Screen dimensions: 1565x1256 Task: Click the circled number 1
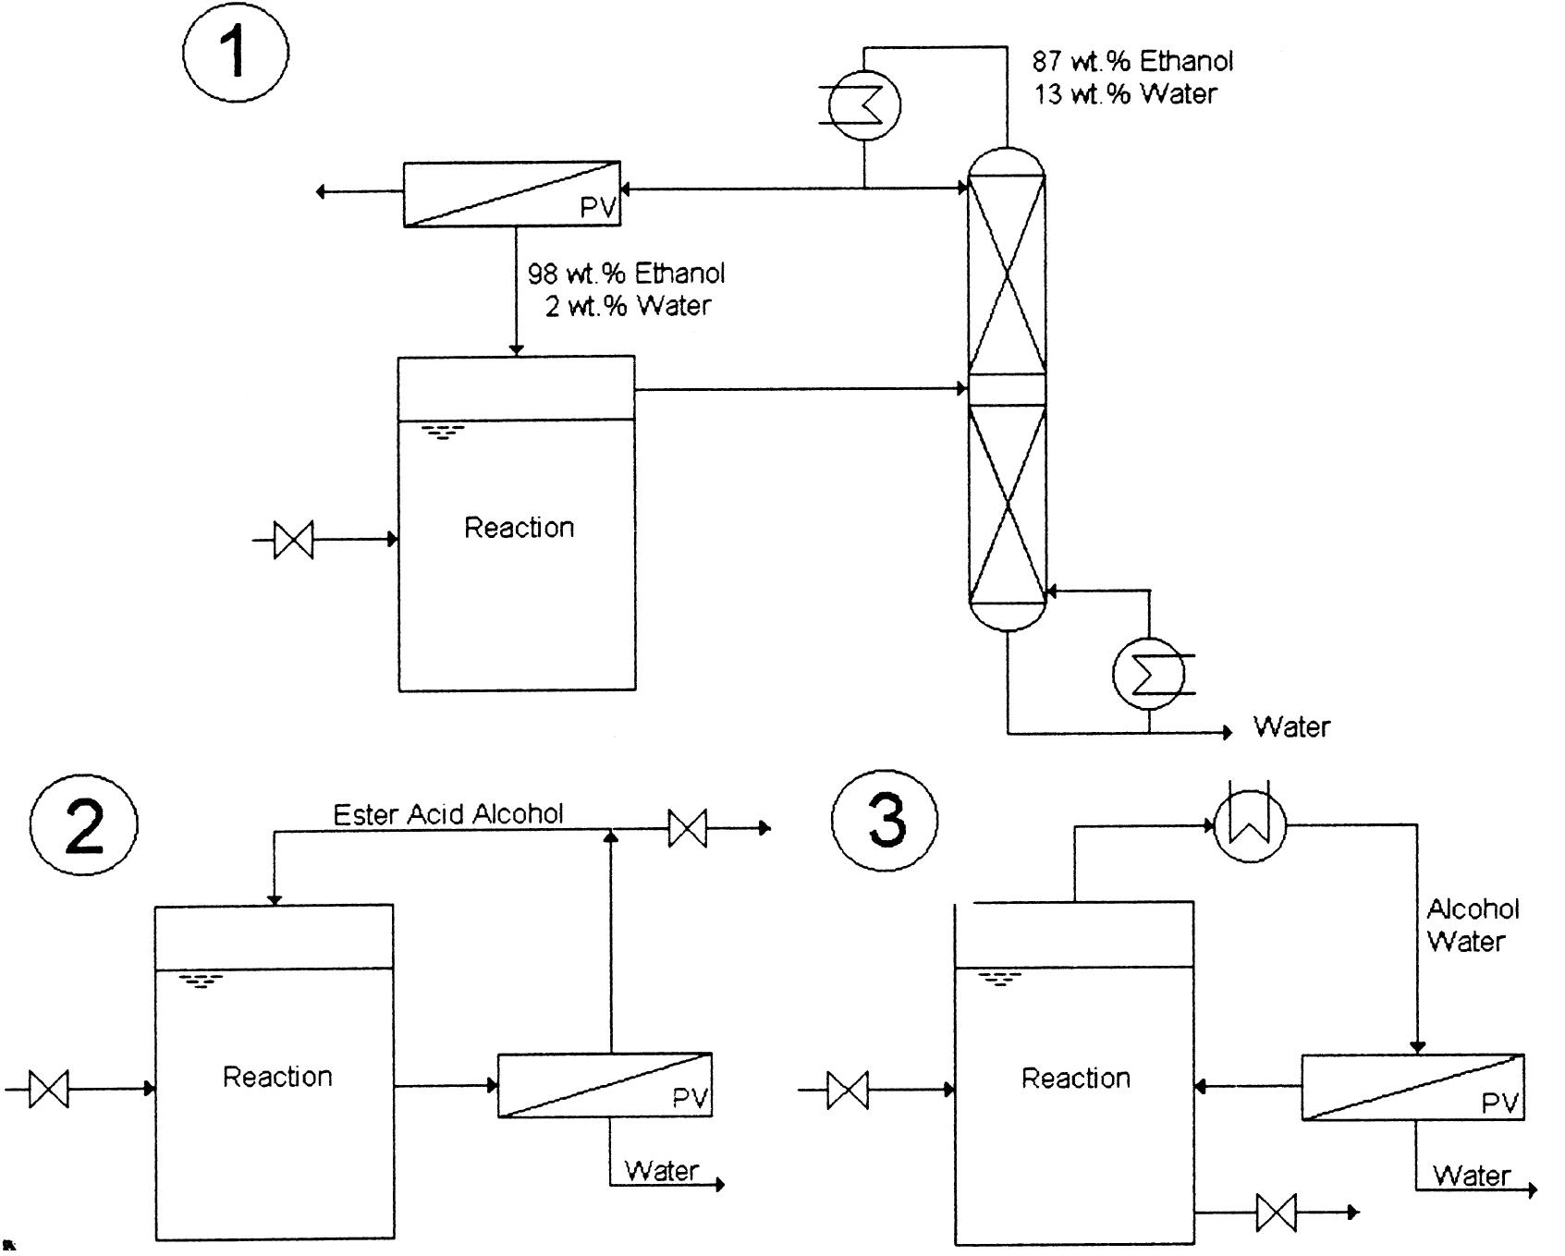pos(236,50)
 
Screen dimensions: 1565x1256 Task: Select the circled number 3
pos(885,821)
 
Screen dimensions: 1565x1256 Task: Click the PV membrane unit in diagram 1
pos(511,193)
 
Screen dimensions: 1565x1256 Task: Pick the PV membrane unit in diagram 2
pos(605,1085)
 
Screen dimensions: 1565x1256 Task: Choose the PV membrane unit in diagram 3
pos(1412,1087)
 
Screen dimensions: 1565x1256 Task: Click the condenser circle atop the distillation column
pos(864,104)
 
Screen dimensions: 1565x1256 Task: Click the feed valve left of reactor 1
pos(294,540)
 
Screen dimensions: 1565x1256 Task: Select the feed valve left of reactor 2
pos(49,1089)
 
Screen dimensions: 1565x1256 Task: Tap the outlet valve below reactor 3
pos(1277,1212)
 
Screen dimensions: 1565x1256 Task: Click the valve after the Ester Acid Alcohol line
pos(688,828)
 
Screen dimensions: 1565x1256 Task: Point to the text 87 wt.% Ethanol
pos(1132,61)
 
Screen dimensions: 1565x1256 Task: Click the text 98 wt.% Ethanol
pos(626,274)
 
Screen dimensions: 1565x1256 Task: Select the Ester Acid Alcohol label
pos(448,814)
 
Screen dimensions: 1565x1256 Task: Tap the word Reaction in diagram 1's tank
pos(519,528)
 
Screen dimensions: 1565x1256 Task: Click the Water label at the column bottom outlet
pos(1291,727)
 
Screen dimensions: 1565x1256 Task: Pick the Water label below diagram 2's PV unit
pos(662,1171)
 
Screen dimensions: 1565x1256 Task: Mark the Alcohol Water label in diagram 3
pos(1473,925)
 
